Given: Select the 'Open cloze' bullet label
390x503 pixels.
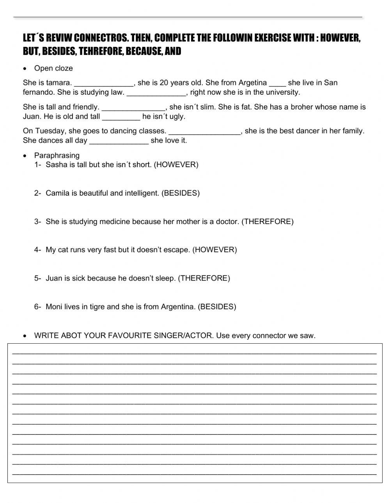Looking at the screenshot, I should pyautogui.click(x=53, y=68).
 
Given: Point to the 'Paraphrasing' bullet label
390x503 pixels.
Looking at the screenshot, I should pyautogui.click(x=57, y=155).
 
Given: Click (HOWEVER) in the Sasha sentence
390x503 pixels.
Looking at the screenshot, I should pyautogui.click(x=176, y=164).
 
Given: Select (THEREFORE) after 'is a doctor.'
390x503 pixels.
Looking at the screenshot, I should pyautogui.click(x=268, y=221).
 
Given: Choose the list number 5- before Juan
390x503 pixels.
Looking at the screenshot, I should pyautogui.click(x=37, y=278).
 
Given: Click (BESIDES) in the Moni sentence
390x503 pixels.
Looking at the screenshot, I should pyautogui.click(x=217, y=307).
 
